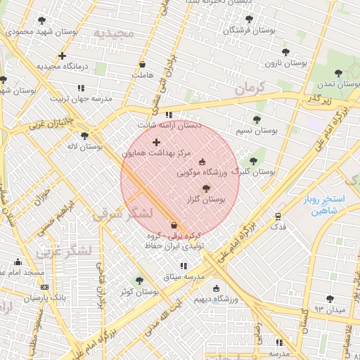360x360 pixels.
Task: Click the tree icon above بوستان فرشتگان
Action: coord(238,20)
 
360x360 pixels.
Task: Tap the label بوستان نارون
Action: coord(286,63)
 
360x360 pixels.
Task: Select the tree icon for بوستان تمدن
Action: coord(339,72)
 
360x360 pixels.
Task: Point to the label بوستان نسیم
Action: coord(256,131)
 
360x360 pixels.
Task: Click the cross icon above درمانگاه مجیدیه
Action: coord(63,56)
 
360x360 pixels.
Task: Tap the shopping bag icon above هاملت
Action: coord(142,64)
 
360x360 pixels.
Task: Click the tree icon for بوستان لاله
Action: coord(85,136)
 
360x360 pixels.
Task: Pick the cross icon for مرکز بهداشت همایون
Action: coord(156,142)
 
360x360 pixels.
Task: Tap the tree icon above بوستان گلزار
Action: coord(206,188)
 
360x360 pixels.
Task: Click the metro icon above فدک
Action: coord(278,217)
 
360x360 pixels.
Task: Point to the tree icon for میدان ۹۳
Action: coord(330,299)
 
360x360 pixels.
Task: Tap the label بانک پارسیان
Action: coord(26,298)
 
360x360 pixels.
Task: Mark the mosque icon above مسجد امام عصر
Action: coord(18,262)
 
